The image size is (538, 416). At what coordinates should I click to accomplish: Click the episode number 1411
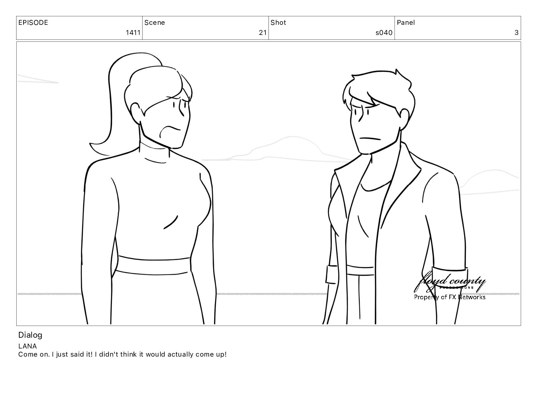pyautogui.click(x=133, y=33)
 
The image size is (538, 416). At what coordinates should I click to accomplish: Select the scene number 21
pyautogui.click(x=263, y=33)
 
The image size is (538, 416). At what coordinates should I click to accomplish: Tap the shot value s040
pyautogui.click(x=384, y=33)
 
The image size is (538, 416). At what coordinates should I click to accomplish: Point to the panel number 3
pyautogui.click(x=516, y=33)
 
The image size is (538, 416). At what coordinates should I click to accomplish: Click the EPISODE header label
pyautogui.click(x=33, y=23)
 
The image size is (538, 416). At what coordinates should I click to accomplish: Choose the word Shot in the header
pyautogui.click(x=278, y=23)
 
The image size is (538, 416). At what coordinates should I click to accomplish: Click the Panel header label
pyautogui.click(x=406, y=23)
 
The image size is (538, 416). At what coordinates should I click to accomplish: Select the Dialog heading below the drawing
pyautogui.click(x=30, y=335)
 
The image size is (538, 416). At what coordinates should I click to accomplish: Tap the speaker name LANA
pyautogui.click(x=27, y=346)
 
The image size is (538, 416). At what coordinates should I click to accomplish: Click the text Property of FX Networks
pyautogui.click(x=450, y=297)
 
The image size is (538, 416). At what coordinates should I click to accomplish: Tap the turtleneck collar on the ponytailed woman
pyautogui.click(x=155, y=153)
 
